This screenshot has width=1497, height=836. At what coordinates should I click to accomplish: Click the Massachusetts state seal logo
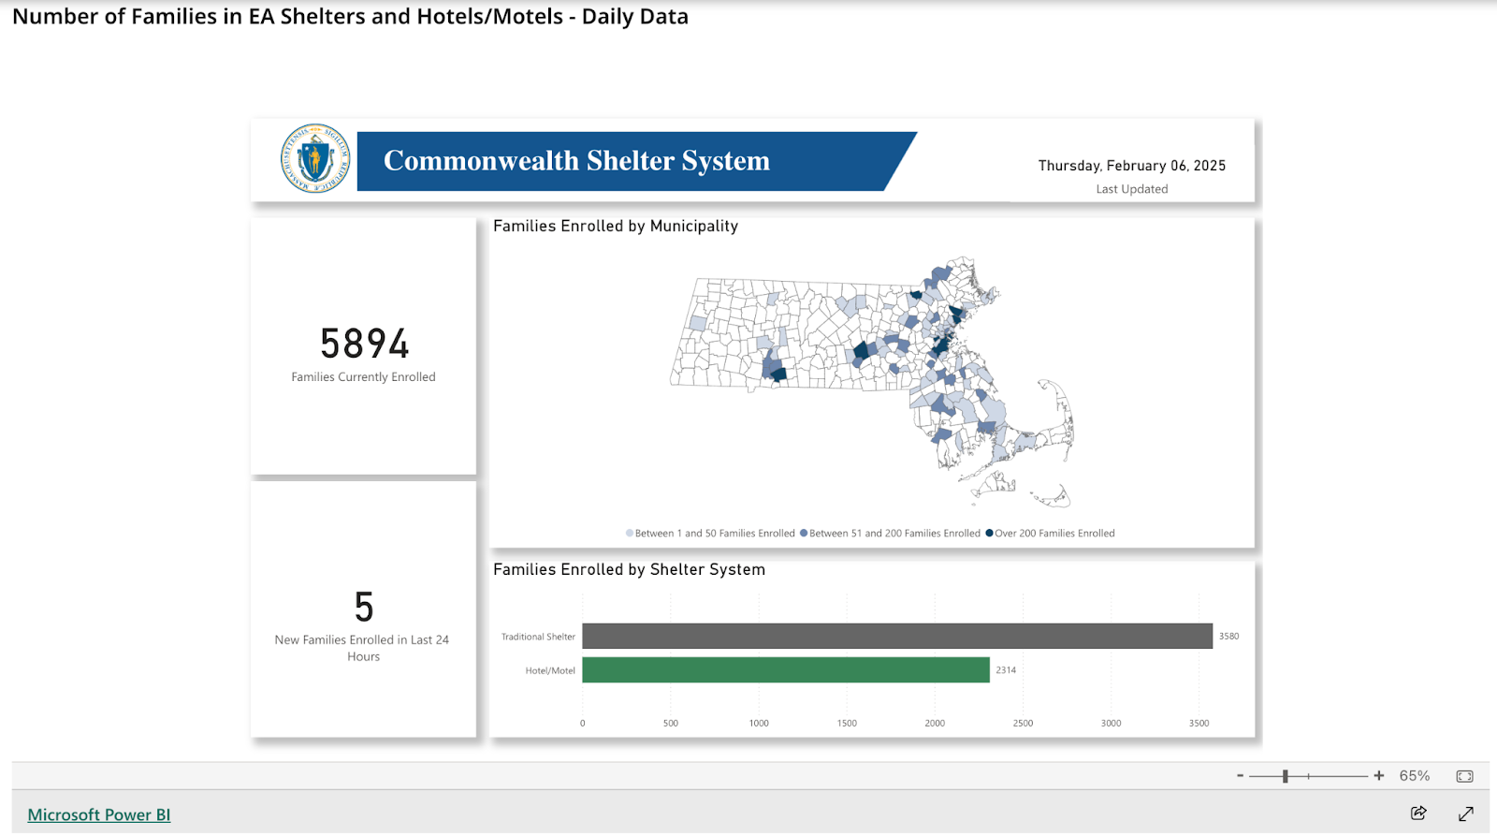click(x=315, y=159)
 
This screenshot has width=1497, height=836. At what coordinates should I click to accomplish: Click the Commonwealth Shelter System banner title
click(x=576, y=161)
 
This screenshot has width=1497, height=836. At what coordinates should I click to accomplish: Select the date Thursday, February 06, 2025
click(x=1131, y=166)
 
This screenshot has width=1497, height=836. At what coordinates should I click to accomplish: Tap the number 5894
click(x=364, y=344)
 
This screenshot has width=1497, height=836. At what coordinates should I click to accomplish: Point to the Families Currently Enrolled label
click(x=363, y=377)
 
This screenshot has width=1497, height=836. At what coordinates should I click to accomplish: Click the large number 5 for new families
click(x=364, y=608)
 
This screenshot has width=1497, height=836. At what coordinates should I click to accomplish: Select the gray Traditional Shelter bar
click(x=896, y=637)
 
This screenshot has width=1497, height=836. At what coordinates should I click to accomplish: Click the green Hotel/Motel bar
click(x=785, y=670)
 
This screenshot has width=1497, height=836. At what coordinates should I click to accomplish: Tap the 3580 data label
click(x=1228, y=637)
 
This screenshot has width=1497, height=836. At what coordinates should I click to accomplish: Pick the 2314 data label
click(x=1006, y=670)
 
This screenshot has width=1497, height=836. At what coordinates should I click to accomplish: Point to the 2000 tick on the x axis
click(x=935, y=724)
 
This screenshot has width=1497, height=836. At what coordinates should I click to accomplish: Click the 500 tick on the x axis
click(x=671, y=724)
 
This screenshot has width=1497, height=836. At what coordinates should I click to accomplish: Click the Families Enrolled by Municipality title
click(x=616, y=227)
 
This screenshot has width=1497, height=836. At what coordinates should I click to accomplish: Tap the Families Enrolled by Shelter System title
click(x=629, y=570)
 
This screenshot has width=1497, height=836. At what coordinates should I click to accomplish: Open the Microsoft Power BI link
click(x=99, y=814)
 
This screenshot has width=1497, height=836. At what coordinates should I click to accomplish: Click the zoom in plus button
click(x=1378, y=776)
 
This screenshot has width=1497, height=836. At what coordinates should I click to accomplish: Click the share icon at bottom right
click(x=1418, y=813)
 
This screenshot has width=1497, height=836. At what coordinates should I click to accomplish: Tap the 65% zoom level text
click(x=1414, y=776)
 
